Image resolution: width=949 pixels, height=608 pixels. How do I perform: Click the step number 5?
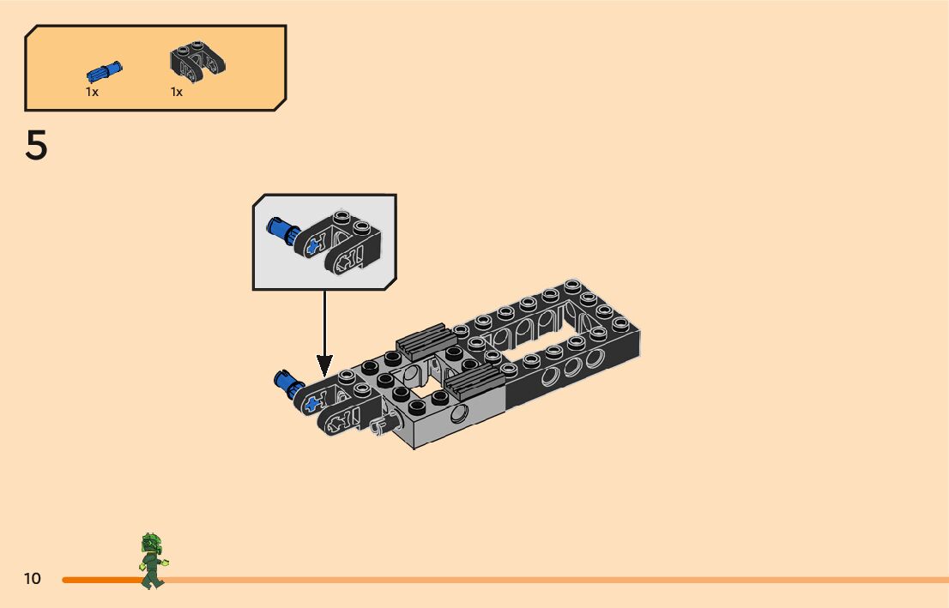(x=36, y=147)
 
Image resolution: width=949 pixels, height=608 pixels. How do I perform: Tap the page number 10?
(x=32, y=579)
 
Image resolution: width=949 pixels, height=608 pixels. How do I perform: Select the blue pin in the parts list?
(x=104, y=71)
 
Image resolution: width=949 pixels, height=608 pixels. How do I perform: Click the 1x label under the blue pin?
(x=92, y=92)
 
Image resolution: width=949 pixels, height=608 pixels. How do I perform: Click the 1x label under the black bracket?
(x=177, y=92)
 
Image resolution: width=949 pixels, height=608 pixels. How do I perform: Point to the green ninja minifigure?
(x=153, y=561)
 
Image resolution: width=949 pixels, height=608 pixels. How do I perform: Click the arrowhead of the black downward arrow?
(x=324, y=366)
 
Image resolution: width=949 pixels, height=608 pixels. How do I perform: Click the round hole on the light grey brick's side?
(x=461, y=417)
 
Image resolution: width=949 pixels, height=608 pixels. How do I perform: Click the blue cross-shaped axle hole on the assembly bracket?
(x=313, y=401)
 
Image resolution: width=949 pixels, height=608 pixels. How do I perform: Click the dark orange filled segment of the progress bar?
(x=103, y=581)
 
